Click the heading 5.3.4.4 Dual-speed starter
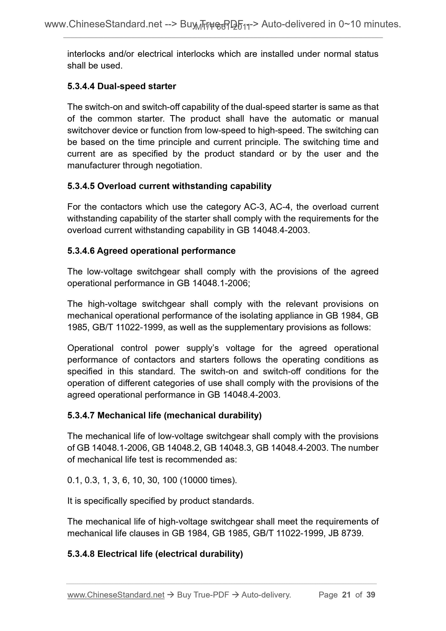click(121, 86)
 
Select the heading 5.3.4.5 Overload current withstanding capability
click(169, 186)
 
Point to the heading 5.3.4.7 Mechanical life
click(164, 415)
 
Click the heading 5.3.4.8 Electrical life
click(155, 554)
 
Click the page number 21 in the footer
click(346, 595)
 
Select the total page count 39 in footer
click(371, 595)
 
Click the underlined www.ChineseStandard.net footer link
click(116, 595)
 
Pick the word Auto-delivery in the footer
click(266, 595)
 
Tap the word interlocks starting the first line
click(86, 54)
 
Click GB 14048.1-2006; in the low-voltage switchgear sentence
click(213, 283)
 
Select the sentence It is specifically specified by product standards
click(160, 501)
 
